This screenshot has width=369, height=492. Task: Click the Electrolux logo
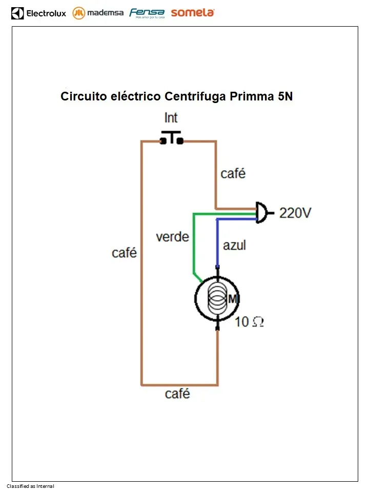pyautogui.click(x=39, y=13)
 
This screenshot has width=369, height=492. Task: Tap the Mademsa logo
pyautogui.click(x=98, y=13)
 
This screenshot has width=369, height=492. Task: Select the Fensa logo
pyautogui.click(x=147, y=13)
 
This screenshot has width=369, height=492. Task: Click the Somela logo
pyautogui.click(x=193, y=13)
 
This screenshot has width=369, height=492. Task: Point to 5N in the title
pyautogui.click(x=285, y=96)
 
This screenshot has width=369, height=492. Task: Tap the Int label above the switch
pyautogui.click(x=171, y=118)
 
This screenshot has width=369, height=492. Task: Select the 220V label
pyautogui.click(x=295, y=213)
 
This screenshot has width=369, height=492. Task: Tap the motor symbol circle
pyautogui.click(x=217, y=299)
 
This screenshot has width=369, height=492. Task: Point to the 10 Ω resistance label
pyautogui.click(x=250, y=322)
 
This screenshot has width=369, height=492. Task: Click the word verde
pyautogui.click(x=172, y=237)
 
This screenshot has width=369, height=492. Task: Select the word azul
pyautogui.click(x=234, y=245)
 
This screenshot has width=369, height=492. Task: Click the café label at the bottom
pyautogui.click(x=177, y=394)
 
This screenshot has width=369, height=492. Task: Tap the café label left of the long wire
pyautogui.click(x=124, y=253)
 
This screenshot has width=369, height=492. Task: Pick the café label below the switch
pyautogui.click(x=233, y=174)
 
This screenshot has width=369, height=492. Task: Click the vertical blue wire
pyautogui.click(x=217, y=243)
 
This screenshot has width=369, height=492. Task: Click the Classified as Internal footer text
pyautogui.click(x=30, y=486)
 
